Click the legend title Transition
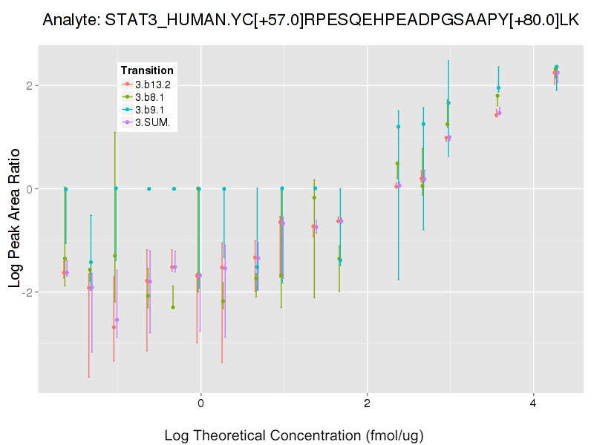point(147,70)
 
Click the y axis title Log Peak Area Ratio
point(15,215)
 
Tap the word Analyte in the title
point(70,20)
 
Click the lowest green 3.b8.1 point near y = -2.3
point(173,307)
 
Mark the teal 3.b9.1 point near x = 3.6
point(498,88)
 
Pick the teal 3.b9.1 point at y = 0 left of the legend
point(65,189)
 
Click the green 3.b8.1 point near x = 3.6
point(497,96)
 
